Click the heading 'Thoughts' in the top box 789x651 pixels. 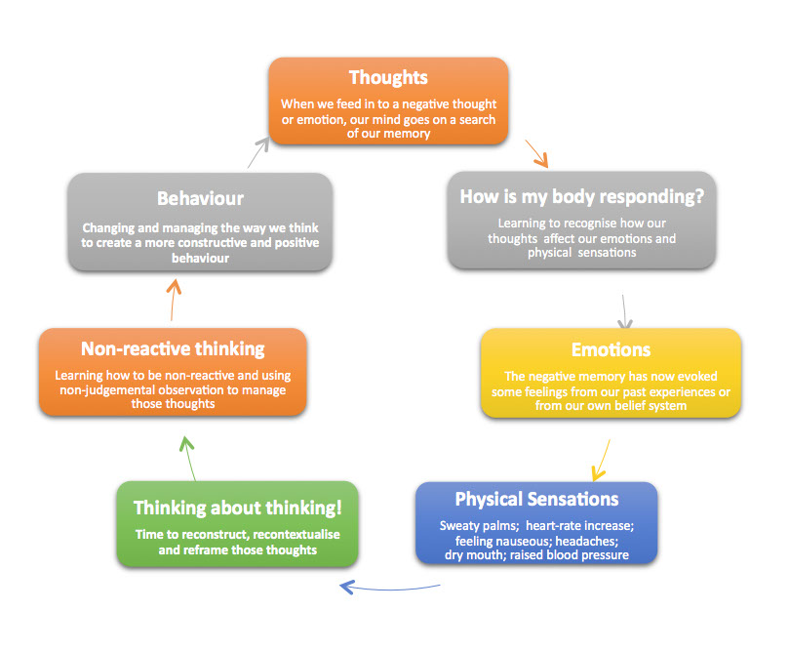tap(388, 77)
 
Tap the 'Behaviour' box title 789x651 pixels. tap(200, 199)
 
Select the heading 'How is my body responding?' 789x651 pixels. tap(582, 195)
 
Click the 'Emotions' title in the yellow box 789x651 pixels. tap(611, 349)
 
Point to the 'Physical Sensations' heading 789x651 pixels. tap(536, 500)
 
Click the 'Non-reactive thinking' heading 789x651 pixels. tap(173, 349)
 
